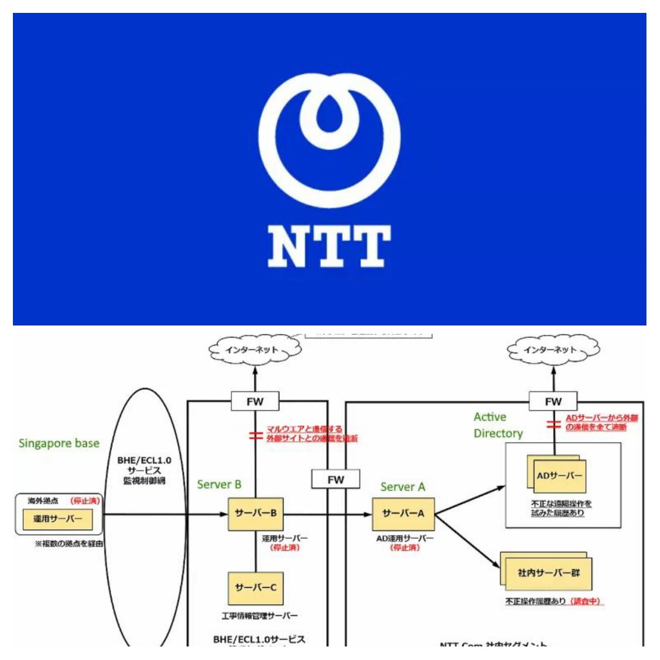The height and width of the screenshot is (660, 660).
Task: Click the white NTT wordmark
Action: click(x=329, y=246)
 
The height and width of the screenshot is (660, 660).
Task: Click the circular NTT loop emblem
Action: click(x=329, y=139)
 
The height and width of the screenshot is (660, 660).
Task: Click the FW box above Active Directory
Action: click(x=553, y=402)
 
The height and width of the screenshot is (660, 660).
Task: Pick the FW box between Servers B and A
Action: click(x=335, y=480)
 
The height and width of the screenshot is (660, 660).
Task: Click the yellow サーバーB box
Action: click(x=256, y=513)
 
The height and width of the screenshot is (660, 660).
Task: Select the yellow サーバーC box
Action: click(x=256, y=587)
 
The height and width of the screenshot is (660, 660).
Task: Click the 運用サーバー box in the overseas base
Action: click(x=59, y=518)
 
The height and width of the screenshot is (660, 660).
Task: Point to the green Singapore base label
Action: click(x=59, y=443)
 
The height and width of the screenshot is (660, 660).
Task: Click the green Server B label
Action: click(x=219, y=484)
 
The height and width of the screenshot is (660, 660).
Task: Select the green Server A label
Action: click(x=403, y=487)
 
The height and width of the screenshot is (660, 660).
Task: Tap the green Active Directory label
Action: click(x=498, y=425)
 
